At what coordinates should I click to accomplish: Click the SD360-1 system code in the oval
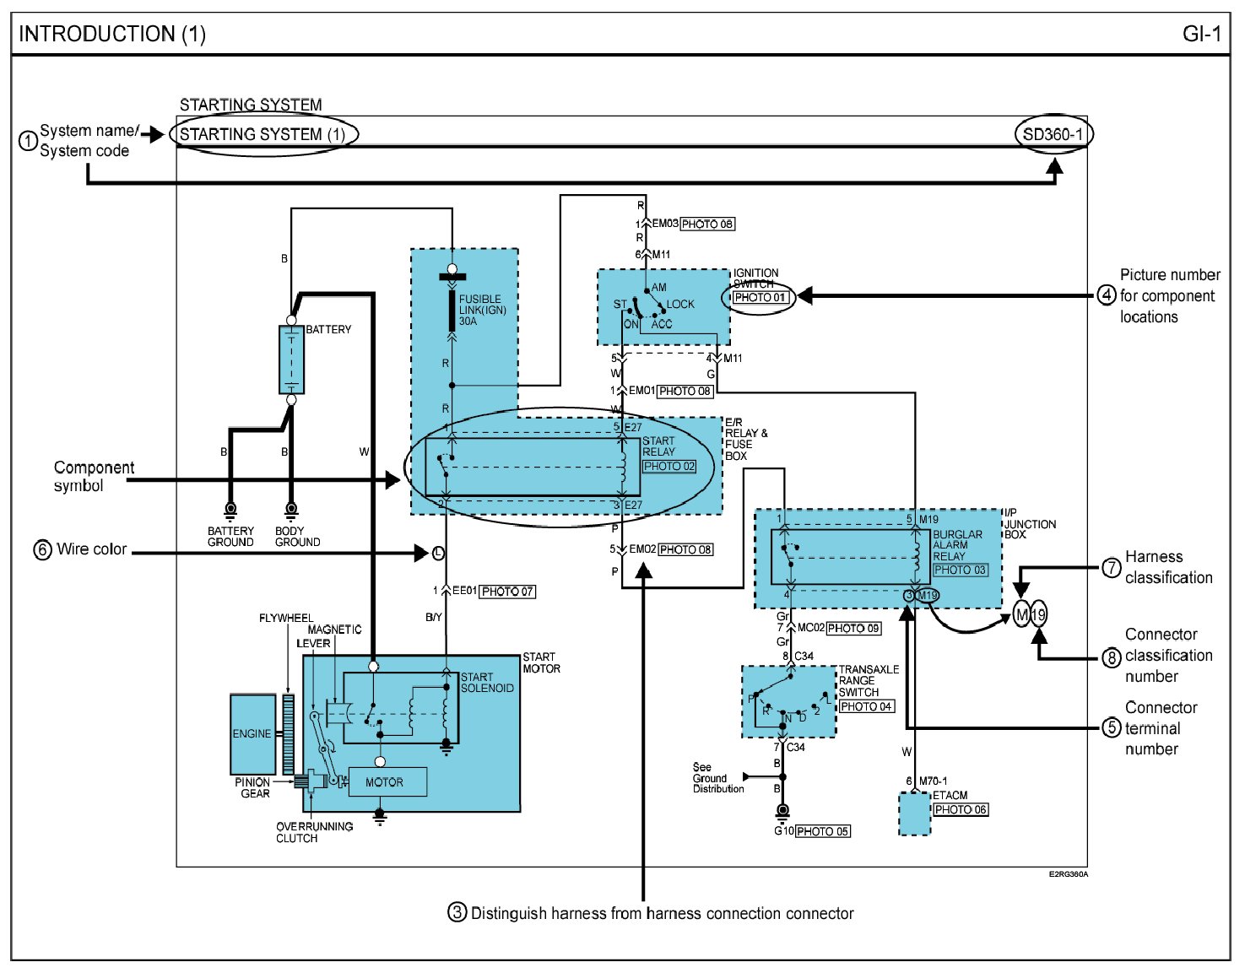1053,134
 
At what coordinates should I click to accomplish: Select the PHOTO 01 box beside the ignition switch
760,298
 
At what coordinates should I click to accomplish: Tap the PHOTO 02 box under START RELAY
669,466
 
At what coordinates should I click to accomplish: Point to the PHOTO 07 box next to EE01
507,592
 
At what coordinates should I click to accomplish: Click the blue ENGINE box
252,734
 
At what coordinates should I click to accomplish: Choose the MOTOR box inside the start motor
385,782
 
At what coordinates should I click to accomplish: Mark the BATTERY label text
328,329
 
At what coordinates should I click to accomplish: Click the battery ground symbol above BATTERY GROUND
230,510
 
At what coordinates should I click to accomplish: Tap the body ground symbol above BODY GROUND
291,510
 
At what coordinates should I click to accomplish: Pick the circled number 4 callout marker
1107,295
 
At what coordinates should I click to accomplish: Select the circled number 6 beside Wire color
42,549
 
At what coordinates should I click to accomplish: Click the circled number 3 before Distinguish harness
457,912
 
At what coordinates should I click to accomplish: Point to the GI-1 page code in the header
1201,34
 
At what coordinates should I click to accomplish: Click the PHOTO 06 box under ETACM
961,809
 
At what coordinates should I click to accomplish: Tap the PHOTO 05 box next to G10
822,831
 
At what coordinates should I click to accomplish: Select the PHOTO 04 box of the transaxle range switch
866,706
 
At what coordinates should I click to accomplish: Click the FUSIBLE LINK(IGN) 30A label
482,310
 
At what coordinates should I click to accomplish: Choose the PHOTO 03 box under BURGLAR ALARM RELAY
961,570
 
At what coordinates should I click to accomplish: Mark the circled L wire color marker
438,554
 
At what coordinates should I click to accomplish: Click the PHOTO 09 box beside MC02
853,628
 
